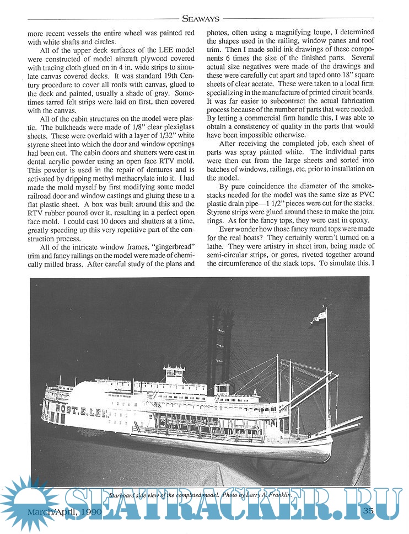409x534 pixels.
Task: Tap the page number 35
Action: [369, 510]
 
